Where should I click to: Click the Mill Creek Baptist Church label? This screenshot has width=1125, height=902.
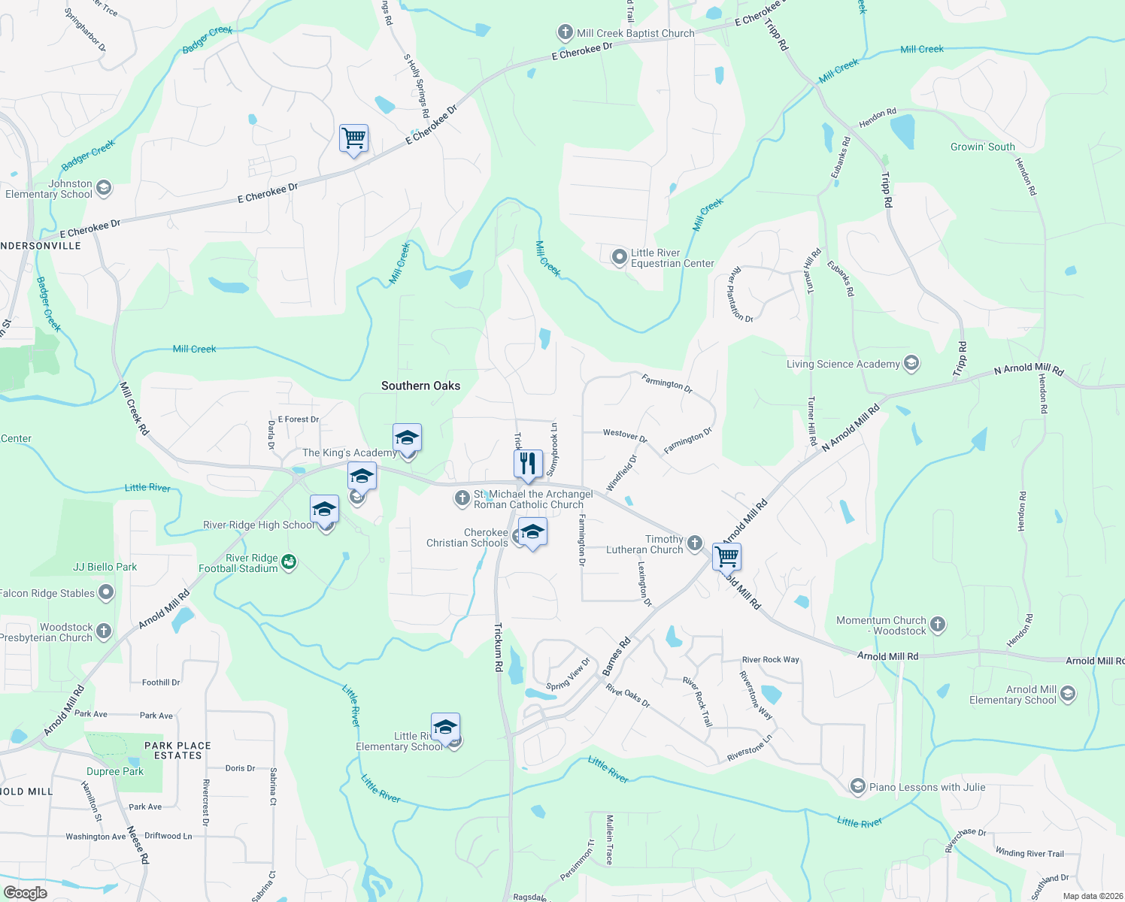(635, 33)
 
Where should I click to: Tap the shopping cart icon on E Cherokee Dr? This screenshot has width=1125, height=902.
(353, 139)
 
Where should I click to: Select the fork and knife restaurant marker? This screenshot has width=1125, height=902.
(528, 464)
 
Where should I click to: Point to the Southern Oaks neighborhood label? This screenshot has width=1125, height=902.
(420, 386)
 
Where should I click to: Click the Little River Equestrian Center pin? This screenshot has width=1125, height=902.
(619, 257)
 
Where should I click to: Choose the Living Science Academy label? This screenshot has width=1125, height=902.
(843, 364)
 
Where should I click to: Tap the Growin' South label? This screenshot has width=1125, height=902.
(982, 147)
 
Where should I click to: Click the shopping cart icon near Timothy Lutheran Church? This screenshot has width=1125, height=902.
(726, 557)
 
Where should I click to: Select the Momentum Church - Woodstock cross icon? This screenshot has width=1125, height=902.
(937, 624)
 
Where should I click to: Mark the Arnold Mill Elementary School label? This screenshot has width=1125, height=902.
(1013, 695)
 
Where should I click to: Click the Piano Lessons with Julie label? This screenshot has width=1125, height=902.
(927, 787)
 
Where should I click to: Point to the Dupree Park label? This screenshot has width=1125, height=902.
(115, 771)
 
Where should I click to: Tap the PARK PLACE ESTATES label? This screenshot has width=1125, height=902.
(177, 750)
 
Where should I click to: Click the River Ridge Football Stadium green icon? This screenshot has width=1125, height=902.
(289, 561)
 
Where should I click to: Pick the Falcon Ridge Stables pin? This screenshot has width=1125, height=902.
(106, 592)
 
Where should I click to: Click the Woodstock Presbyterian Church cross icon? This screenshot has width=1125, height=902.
(104, 631)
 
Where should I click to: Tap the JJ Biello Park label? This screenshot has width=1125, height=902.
(105, 567)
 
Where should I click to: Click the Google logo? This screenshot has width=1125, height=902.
(25, 892)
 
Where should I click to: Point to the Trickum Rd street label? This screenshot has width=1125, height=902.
(498, 646)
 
